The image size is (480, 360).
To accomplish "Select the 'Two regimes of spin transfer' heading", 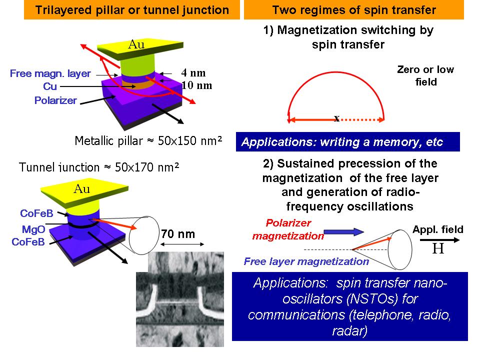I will [x=354, y=10].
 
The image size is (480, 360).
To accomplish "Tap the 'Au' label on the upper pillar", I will [x=136, y=44].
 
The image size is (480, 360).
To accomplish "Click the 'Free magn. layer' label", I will [x=50, y=74].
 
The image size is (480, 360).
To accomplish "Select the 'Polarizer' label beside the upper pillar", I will [x=55, y=100].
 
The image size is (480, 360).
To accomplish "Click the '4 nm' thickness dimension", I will [x=193, y=73].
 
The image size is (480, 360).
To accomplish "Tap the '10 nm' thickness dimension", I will [x=196, y=85].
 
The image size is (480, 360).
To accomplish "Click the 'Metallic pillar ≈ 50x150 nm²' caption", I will [x=148, y=141].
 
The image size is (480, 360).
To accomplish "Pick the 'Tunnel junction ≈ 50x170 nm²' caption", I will [x=98, y=167].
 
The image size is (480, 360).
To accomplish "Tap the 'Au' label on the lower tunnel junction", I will [x=81, y=189].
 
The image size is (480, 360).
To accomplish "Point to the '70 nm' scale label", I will [x=177, y=233].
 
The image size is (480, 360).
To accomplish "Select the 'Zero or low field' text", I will [x=425, y=75].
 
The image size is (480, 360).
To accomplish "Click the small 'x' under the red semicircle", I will [x=336, y=118].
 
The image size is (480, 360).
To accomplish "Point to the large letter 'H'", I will [x=438, y=248].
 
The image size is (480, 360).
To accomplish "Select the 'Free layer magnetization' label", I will [x=306, y=261].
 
